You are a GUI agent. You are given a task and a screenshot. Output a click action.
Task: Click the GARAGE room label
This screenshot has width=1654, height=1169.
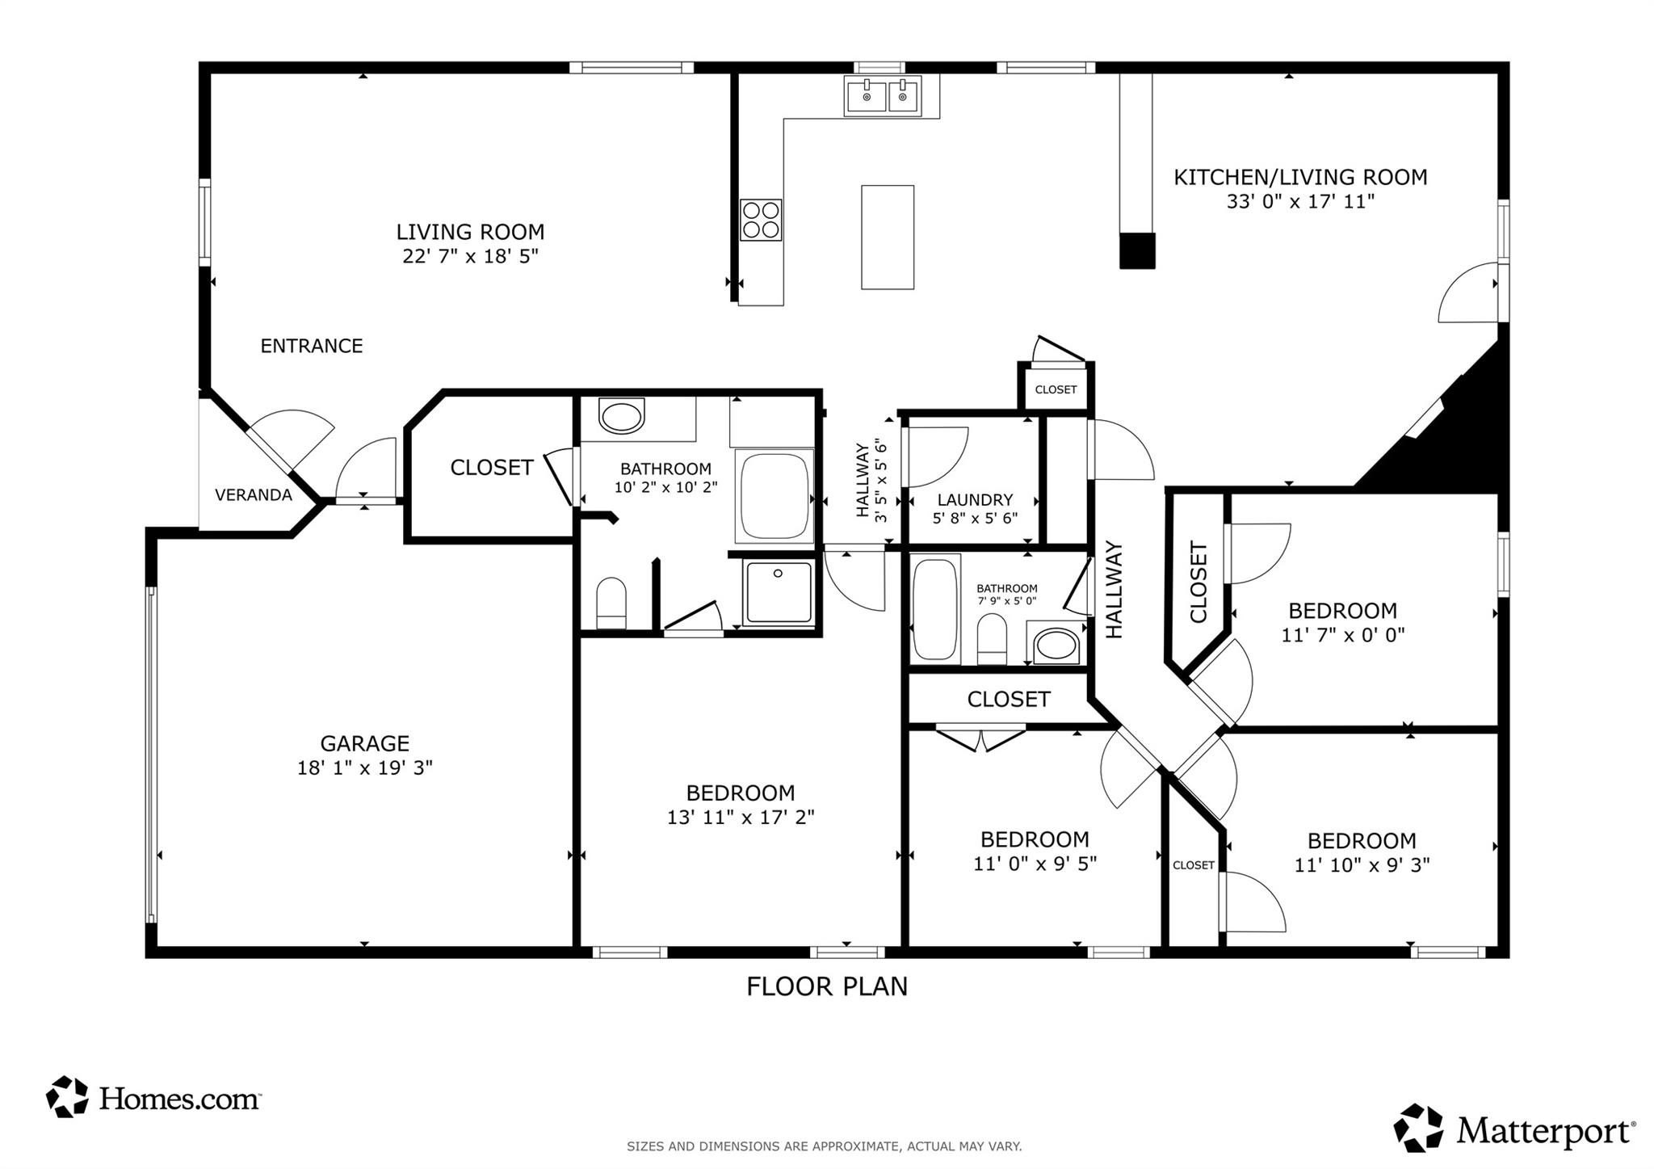click(x=364, y=743)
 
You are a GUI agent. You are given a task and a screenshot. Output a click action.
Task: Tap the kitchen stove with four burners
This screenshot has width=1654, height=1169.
click(x=761, y=220)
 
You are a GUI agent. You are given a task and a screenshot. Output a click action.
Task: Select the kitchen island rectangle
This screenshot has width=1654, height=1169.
click(x=887, y=237)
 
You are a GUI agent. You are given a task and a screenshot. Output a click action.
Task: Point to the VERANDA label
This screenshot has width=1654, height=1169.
click(x=253, y=495)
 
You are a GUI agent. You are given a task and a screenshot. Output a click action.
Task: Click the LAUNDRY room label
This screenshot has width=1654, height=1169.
click(x=975, y=499)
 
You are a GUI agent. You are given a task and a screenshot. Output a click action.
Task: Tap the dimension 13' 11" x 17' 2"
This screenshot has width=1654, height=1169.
click(x=740, y=817)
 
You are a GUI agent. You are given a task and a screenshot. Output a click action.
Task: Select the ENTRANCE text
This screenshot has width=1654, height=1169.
click(x=311, y=346)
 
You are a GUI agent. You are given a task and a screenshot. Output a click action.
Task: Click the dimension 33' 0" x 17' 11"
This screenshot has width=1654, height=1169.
click(x=1299, y=201)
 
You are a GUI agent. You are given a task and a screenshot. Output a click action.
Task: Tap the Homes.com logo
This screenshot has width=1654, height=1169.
click(x=153, y=1097)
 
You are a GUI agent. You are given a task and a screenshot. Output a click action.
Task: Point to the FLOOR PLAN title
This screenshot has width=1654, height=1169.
click(x=826, y=986)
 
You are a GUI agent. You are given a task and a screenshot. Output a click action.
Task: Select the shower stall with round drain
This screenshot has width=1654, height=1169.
click(x=779, y=592)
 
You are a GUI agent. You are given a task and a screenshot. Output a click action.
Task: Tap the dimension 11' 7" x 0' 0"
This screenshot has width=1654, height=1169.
click(x=1342, y=635)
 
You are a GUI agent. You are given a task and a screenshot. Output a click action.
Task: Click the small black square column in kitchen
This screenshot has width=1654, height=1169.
click(x=1137, y=250)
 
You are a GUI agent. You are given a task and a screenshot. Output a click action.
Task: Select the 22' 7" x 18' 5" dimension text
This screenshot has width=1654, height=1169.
click(x=470, y=256)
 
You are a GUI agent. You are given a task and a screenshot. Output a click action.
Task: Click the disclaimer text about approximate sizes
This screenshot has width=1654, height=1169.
click(x=824, y=1146)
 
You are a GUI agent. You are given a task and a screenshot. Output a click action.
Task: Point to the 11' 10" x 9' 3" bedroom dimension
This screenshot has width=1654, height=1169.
click(x=1362, y=865)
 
